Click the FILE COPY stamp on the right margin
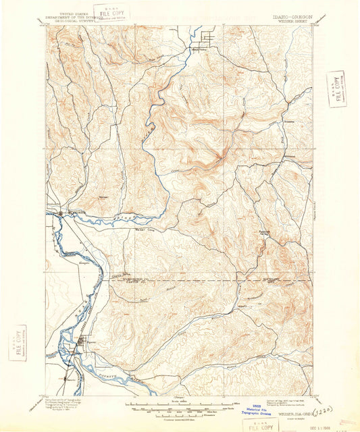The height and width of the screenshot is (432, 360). coord(336,88)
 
